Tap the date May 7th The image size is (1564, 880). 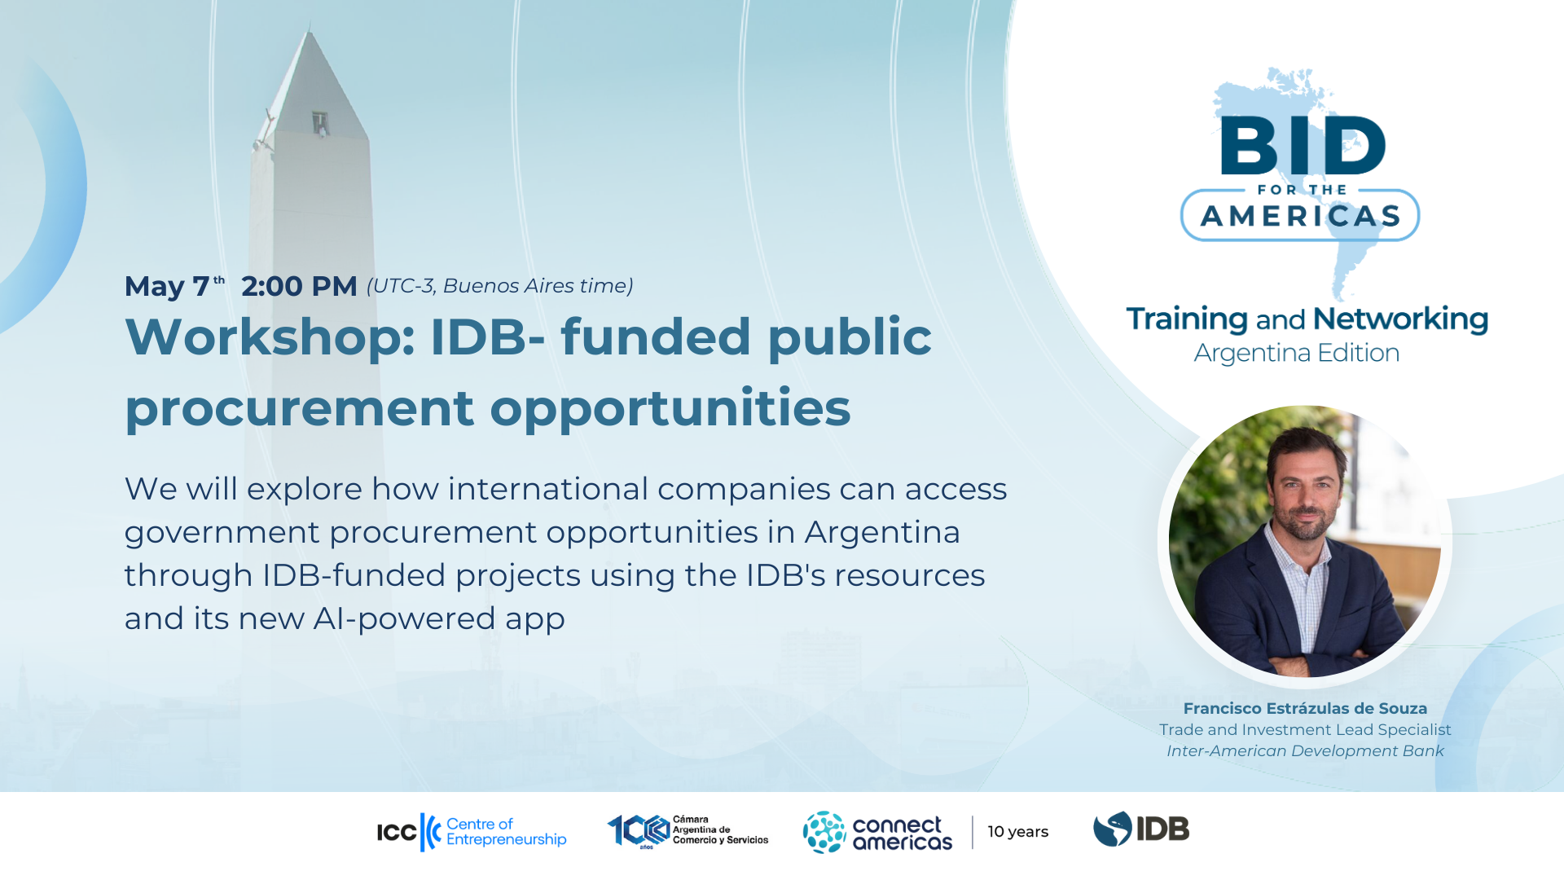point(175,286)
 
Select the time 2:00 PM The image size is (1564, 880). point(299,286)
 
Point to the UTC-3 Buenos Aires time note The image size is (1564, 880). point(500,286)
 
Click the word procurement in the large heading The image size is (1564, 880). point(300,408)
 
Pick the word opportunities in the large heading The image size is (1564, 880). point(670,407)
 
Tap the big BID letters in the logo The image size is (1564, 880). point(1303,145)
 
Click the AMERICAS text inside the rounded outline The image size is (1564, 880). point(1301,216)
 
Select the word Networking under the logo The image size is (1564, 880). point(1401,319)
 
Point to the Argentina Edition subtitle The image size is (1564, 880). point(1297,353)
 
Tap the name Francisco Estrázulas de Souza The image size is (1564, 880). point(1305,709)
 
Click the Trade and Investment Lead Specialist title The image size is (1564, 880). point(1305,730)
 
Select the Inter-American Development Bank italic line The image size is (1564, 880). point(1305,751)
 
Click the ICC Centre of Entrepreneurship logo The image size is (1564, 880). point(472,832)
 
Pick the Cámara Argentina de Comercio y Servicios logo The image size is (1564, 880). point(688,831)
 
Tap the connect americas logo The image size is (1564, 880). point(877,832)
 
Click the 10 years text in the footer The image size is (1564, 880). point(1018,832)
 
